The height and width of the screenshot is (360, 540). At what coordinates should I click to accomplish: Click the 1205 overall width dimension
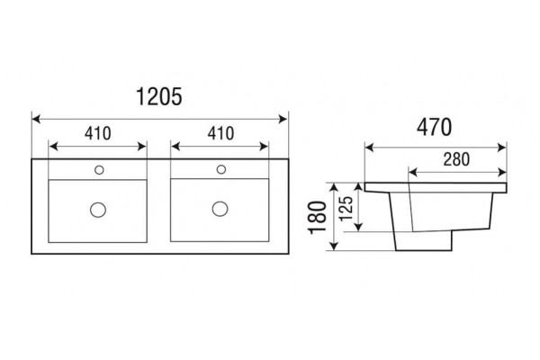(159, 97)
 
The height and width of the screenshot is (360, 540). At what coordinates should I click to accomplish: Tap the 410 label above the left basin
(98, 134)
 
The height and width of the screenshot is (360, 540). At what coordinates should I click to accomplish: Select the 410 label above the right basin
(220, 133)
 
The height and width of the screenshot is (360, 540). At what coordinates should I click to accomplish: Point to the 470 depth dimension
(434, 127)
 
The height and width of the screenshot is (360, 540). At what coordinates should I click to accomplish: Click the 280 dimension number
(456, 159)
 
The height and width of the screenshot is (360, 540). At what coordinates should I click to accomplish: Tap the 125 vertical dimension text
(346, 209)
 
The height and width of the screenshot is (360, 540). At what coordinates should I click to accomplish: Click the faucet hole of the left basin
(99, 170)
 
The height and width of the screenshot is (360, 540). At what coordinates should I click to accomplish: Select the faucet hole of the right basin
(221, 169)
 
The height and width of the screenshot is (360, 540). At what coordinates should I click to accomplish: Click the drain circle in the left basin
(98, 210)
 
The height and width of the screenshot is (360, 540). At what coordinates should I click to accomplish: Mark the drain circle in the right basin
(220, 209)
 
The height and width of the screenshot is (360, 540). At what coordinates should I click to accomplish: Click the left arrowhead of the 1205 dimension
(36, 119)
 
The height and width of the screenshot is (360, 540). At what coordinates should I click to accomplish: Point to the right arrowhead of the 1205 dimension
(283, 119)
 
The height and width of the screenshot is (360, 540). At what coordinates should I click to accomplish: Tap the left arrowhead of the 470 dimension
(370, 148)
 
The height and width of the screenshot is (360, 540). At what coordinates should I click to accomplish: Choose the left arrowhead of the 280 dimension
(413, 172)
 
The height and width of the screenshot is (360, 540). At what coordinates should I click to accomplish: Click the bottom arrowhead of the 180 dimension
(333, 246)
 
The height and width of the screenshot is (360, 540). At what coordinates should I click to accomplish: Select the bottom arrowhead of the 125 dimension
(358, 227)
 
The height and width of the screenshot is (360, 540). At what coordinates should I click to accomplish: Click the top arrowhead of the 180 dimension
(333, 188)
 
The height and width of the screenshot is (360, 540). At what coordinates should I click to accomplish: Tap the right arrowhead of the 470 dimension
(502, 148)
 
